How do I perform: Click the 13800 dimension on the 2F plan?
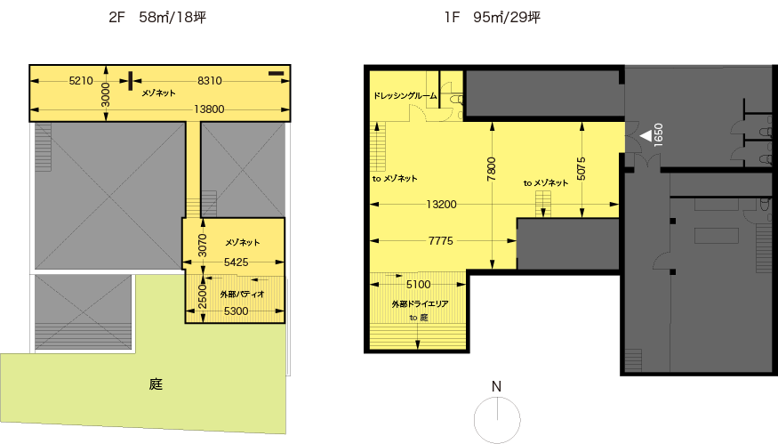pyautogui.click(x=209, y=109)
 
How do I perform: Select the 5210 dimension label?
pyautogui.click(x=81, y=80)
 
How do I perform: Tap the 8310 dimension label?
pyautogui.click(x=209, y=80)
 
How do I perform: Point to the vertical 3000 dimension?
pyautogui.click(x=105, y=94)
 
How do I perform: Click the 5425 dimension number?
pyautogui.click(x=237, y=262)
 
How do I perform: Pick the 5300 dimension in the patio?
pyautogui.click(x=237, y=311)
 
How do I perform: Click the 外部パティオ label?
pyautogui.click(x=242, y=294)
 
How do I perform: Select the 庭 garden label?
pyautogui.click(x=156, y=383)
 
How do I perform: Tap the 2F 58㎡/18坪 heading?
pyautogui.click(x=157, y=18)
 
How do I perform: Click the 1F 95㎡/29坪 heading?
pyautogui.click(x=493, y=18)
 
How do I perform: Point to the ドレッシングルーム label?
pyautogui.click(x=405, y=95)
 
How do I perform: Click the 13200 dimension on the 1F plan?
pyautogui.click(x=441, y=204)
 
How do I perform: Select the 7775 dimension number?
pyautogui.click(x=441, y=241)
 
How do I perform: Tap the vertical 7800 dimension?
pyautogui.click(x=491, y=169)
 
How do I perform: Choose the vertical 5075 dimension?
pyautogui.click(x=581, y=169)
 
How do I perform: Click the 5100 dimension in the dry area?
pyautogui.click(x=418, y=284)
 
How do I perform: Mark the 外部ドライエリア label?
pyautogui.click(x=420, y=304)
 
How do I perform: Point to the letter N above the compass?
pyautogui.click(x=496, y=386)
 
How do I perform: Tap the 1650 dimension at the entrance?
pyautogui.click(x=659, y=134)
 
